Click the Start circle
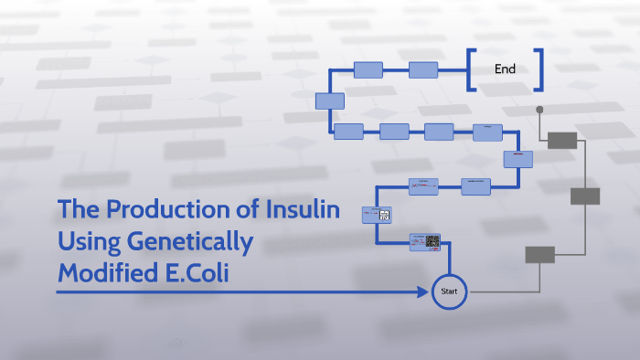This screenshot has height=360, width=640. tap(449, 291)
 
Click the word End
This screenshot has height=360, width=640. tap(505, 69)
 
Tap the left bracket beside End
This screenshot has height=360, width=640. tap(471, 69)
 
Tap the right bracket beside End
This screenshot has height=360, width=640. tap(539, 69)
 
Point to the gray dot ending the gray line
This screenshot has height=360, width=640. tap(539, 110)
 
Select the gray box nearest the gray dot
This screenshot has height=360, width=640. tap(561, 140)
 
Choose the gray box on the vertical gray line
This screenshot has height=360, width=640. tap(585, 196)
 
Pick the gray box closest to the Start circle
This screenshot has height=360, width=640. tap(539, 255)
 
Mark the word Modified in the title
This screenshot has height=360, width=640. tap(101, 272)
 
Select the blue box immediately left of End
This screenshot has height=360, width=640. tap(423, 69)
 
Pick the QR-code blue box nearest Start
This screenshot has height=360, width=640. tap(425, 242)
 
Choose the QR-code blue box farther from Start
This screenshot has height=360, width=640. tap(379, 215)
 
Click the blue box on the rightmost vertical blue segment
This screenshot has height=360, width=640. tap(517, 159)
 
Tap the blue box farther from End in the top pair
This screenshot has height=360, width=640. tap(368, 69)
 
